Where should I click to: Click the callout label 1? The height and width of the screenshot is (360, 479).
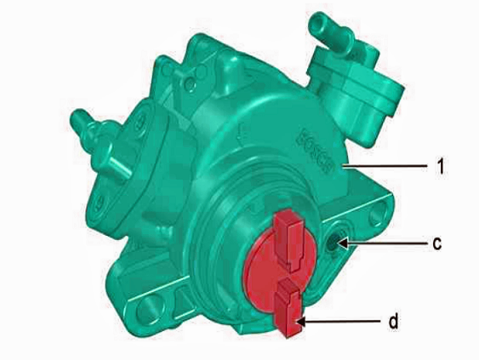pyautogui.click(x=440, y=166)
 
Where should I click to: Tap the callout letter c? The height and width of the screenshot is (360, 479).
pyautogui.click(x=437, y=243)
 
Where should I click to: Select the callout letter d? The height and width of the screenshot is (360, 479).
pyautogui.click(x=393, y=321)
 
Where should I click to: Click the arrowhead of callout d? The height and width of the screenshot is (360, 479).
pyautogui.click(x=301, y=322)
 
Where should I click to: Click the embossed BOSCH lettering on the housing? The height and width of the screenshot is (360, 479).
pyautogui.click(x=316, y=151)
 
